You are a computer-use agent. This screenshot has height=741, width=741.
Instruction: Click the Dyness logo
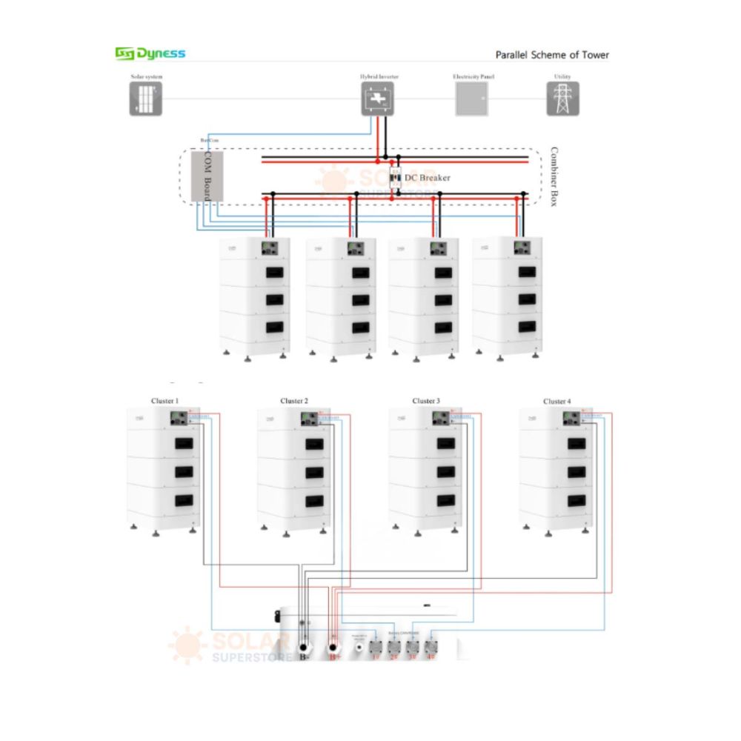pyautogui.click(x=150, y=53)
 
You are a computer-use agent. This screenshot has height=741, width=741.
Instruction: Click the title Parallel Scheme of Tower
pyautogui.click(x=552, y=55)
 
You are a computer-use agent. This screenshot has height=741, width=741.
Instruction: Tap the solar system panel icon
pyautogui.click(x=145, y=99)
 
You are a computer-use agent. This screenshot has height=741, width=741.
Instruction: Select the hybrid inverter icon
pyautogui.click(x=377, y=99)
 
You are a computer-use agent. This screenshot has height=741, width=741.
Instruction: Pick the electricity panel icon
pyautogui.click(x=471, y=99)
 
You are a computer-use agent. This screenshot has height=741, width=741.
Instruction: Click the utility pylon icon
pyautogui.click(x=562, y=99)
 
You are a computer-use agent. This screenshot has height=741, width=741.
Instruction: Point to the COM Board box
pyautogui.click(x=207, y=176)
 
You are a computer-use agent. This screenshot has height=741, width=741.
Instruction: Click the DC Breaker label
pyautogui.click(x=427, y=178)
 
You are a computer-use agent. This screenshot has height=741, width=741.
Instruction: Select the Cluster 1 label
pyautogui.click(x=165, y=401)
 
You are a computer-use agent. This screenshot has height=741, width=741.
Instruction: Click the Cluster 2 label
pyautogui.click(x=294, y=401)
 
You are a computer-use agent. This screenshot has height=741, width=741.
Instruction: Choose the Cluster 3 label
pyautogui.click(x=425, y=401)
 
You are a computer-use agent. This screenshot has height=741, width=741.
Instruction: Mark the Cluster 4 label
pyautogui.click(x=556, y=401)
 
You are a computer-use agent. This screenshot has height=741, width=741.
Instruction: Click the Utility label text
pyautogui.click(x=562, y=77)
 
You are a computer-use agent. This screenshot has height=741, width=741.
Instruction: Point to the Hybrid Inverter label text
pyautogui.click(x=377, y=77)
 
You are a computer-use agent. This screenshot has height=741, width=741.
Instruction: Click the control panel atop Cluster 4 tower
pyautogui.click(x=572, y=419)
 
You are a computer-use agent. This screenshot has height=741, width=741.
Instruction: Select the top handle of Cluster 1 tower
pyautogui.click(x=183, y=445)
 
